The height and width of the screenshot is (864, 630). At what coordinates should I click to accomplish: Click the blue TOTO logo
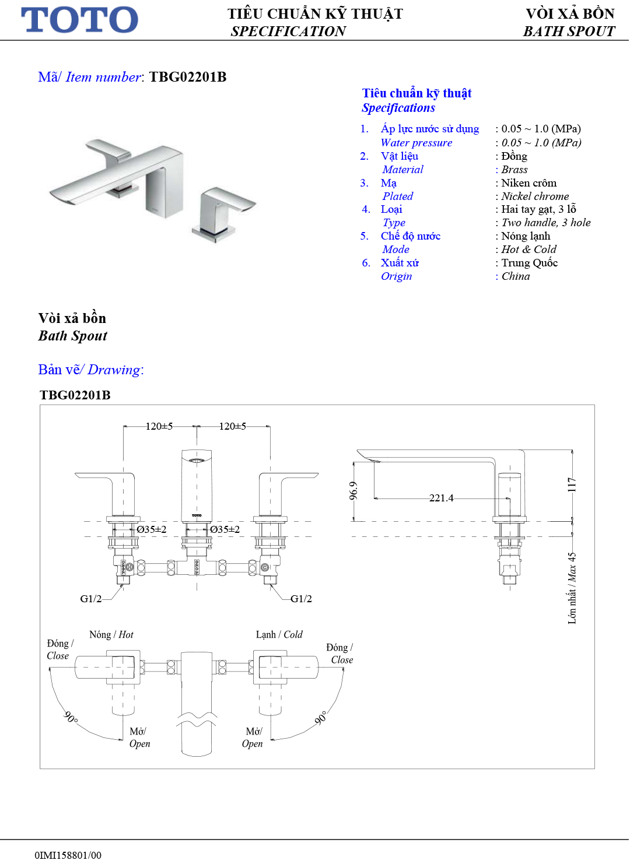[x=79, y=20]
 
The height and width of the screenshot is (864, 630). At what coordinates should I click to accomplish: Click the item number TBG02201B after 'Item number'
[x=188, y=77]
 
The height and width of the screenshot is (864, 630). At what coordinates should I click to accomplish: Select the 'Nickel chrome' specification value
[x=535, y=196]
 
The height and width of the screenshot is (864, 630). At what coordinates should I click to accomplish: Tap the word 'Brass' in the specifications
[x=514, y=170]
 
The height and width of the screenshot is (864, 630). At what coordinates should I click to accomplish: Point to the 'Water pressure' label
[x=416, y=143]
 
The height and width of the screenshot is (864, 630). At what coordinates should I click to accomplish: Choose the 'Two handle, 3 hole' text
[x=546, y=223]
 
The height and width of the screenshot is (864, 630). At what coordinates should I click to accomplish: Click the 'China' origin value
[x=516, y=276]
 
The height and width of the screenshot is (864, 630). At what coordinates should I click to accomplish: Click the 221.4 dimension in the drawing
[x=441, y=498]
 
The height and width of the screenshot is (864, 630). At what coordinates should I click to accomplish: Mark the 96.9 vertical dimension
[x=353, y=491]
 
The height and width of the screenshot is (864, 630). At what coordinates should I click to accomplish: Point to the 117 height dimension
[x=572, y=484]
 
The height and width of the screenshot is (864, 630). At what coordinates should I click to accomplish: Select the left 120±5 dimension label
[x=159, y=426]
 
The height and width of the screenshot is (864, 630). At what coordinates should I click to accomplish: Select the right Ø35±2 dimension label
[x=225, y=529]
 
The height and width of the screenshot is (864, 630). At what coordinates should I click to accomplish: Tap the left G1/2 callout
[x=90, y=599]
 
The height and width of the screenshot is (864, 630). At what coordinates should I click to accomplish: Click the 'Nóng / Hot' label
[x=111, y=634]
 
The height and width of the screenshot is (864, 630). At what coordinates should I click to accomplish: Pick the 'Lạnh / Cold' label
[x=279, y=634]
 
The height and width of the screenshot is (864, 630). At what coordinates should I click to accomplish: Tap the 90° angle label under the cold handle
[x=321, y=718]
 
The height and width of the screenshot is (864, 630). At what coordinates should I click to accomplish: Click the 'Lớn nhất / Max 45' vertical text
[x=572, y=588]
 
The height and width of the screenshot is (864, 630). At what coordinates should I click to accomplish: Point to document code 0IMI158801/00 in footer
[x=68, y=855]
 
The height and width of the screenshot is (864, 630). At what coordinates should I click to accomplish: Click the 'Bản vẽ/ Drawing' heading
[x=90, y=370]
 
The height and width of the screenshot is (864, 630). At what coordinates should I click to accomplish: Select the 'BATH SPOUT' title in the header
[x=569, y=31]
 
